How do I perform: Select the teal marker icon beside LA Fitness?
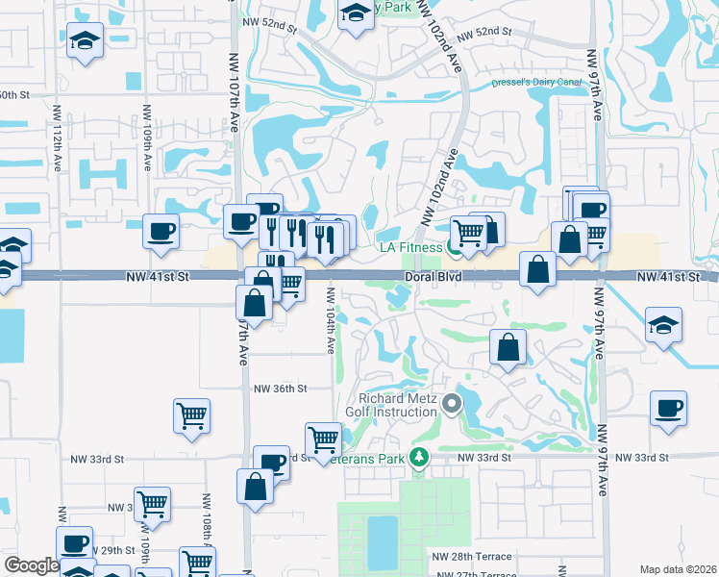coord(452,248)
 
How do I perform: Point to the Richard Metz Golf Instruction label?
coord(398,406)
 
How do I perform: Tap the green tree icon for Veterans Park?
coord(417,457)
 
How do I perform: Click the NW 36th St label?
coord(280,389)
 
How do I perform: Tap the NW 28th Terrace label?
coord(471,557)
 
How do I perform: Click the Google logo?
coord(32,565)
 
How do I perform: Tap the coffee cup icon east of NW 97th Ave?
coord(668,409)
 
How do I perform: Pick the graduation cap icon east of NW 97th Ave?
coord(663,325)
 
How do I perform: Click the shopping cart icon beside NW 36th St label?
coord(191,415)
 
